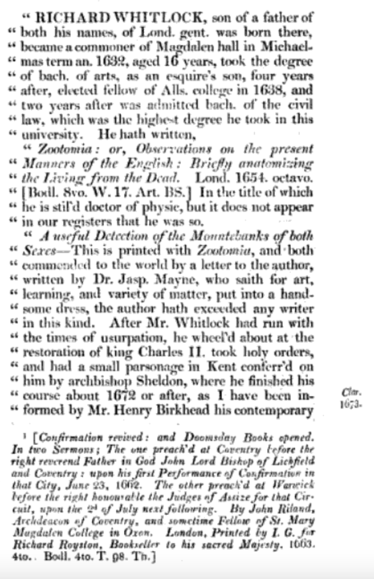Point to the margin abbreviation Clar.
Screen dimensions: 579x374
click(347, 392)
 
